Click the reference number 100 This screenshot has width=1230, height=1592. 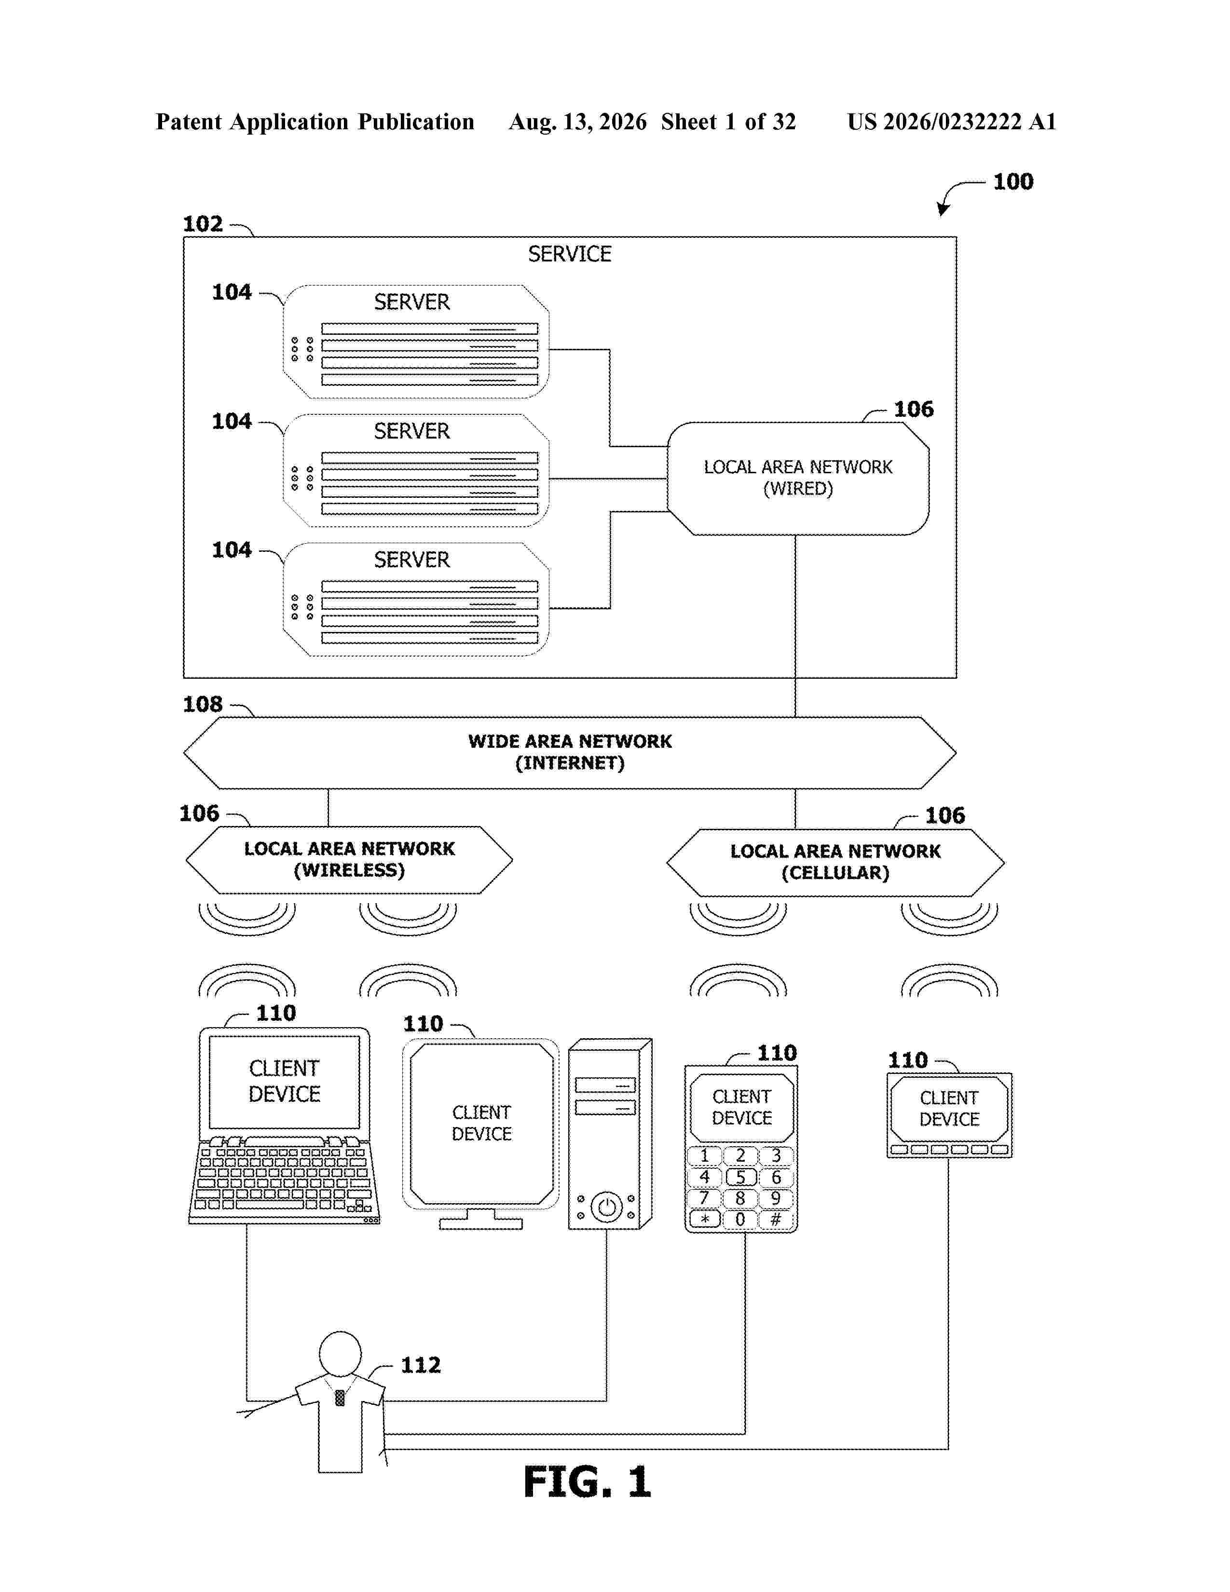tap(1013, 181)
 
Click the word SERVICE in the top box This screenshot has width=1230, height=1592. tap(569, 254)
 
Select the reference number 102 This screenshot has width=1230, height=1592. tap(203, 224)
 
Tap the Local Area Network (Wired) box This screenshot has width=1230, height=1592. tap(798, 478)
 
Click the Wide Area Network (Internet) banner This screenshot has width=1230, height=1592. tap(569, 752)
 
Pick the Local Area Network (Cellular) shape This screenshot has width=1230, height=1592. tap(835, 863)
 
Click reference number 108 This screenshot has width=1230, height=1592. tap(203, 704)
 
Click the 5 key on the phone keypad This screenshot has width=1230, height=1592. tap(740, 1177)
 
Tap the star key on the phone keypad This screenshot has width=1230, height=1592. tap(705, 1219)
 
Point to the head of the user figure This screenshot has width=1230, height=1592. tap(340, 1354)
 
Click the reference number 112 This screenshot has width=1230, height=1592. tap(421, 1365)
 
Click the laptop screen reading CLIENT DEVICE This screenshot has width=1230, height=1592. tap(284, 1082)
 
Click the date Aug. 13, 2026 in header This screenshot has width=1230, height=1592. tap(578, 122)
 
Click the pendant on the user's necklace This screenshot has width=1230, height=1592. tap(340, 1398)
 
